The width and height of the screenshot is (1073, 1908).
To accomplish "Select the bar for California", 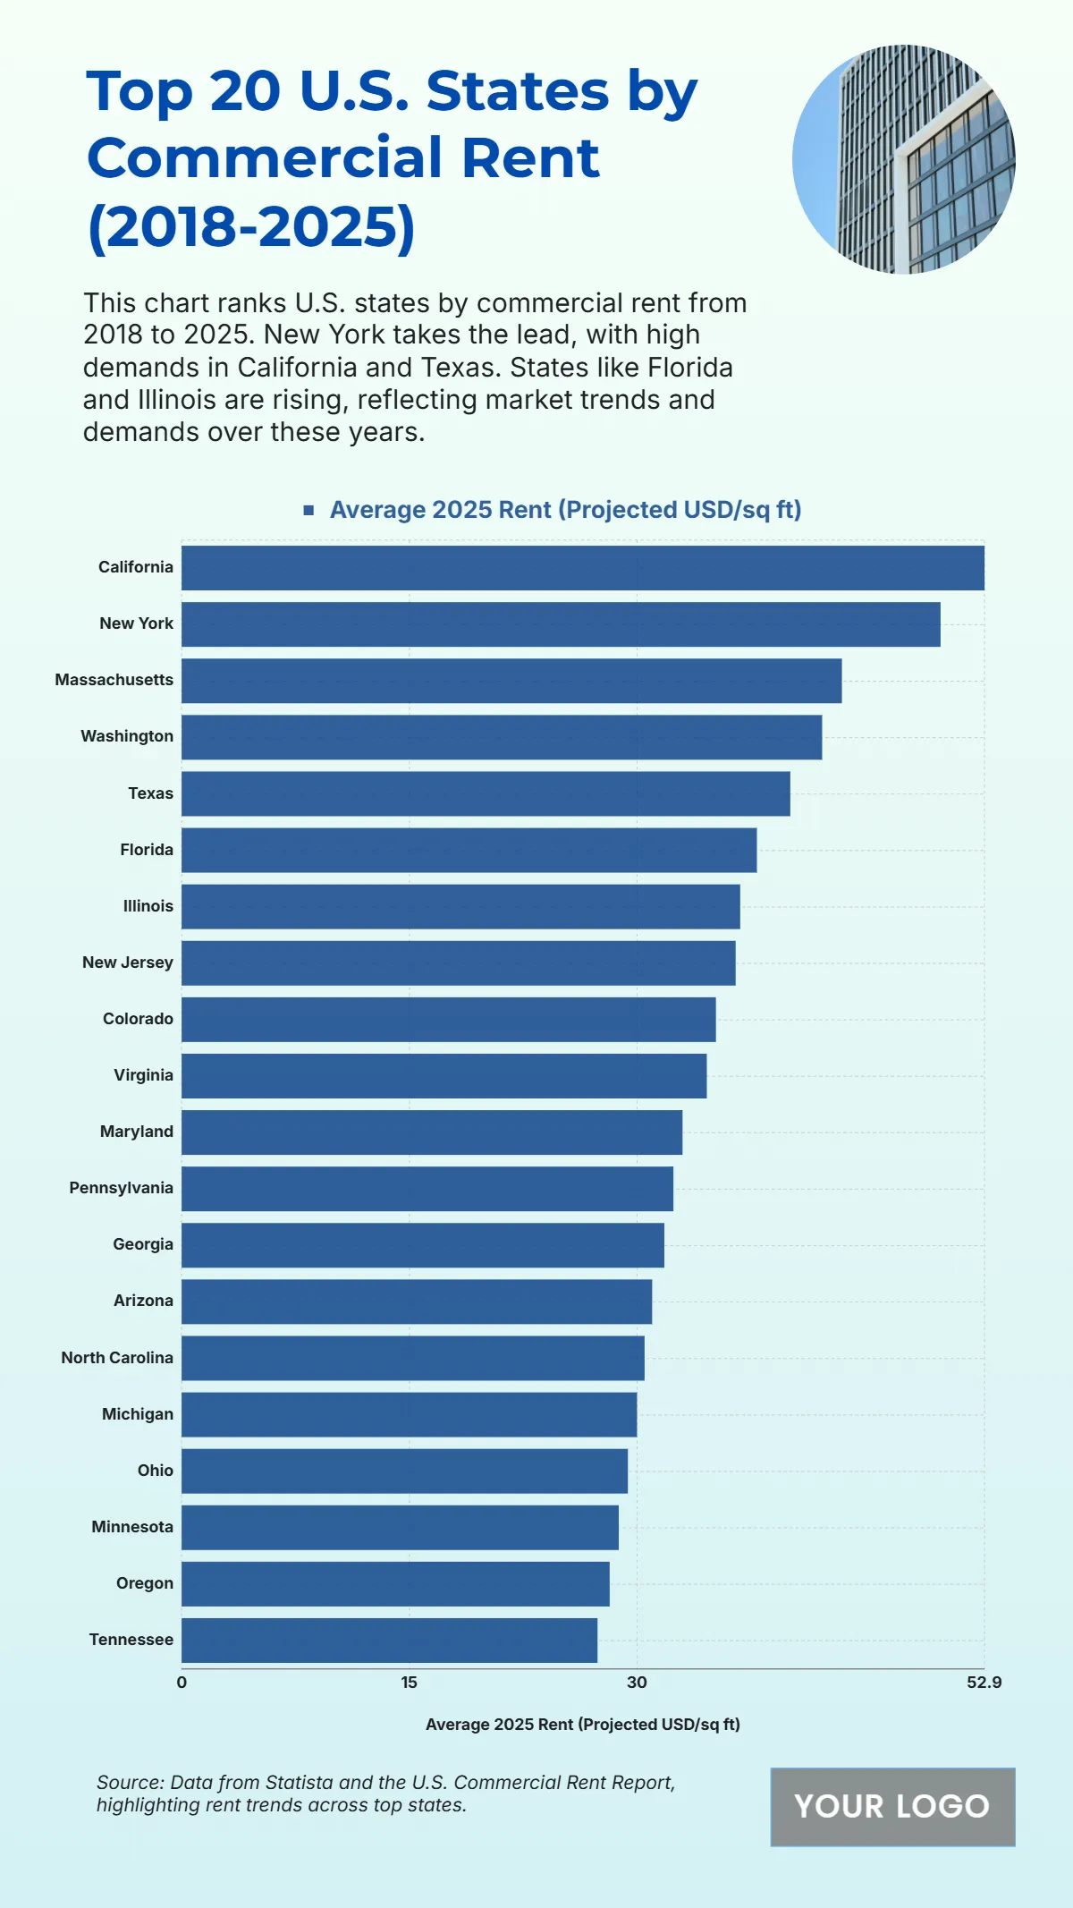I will pyautogui.click(x=582, y=568).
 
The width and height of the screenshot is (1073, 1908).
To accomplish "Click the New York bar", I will pyautogui.click(x=561, y=624).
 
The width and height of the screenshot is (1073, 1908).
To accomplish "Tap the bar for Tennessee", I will pyautogui.click(x=389, y=1641).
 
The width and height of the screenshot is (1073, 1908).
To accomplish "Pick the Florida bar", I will pyautogui.click(x=469, y=850).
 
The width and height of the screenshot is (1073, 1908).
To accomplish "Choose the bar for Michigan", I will pyautogui.click(x=409, y=1414).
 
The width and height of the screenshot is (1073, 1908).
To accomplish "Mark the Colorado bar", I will pyautogui.click(x=448, y=1020).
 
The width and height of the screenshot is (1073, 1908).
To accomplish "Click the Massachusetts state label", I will pyautogui.click(x=114, y=680).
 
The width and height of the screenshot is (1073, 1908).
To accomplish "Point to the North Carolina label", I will pyautogui.click(x=117, y=1358).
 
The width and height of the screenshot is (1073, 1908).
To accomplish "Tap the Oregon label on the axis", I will pyautogui.click(x=145, y=1583).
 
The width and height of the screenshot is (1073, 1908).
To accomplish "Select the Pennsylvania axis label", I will pyautogui.click(x=122, y=1188).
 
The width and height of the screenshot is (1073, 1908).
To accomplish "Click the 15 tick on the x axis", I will pyautogui.click(x=409, y=1683).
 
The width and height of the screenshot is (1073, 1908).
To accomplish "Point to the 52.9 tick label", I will pyautogui.click(x=984, y=1683).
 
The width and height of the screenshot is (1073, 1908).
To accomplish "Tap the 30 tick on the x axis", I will pyautogui.click(x=637, y=1683).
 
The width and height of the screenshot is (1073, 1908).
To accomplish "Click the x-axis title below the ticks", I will pyautogui.click(x=582, y=1725).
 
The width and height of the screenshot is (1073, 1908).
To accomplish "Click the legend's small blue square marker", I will pyautogui.click(x=308, y=510).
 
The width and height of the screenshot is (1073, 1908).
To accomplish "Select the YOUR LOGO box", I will pyautogui.click(x=892, y=1807).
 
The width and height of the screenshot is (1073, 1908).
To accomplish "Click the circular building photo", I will pyautogui.click(x=903, y=159).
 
